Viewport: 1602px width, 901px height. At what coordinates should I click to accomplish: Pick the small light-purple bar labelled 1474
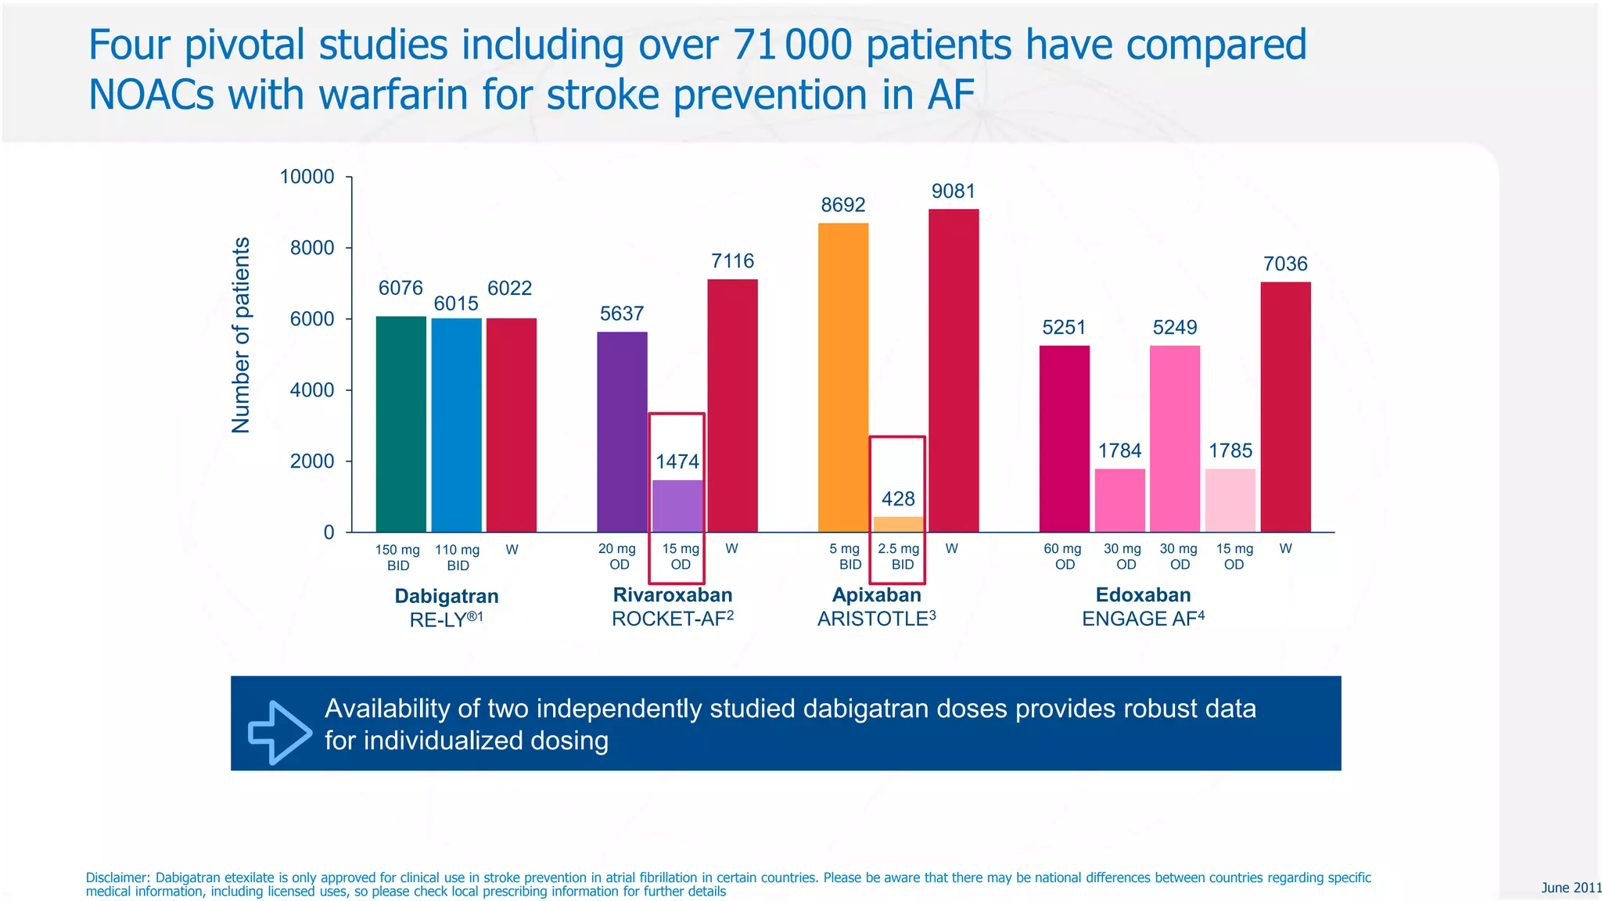(677, 506)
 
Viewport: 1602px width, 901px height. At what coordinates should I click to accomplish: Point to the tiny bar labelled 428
(898, 524)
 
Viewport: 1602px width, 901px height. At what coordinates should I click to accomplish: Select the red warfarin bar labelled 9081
(954, 371)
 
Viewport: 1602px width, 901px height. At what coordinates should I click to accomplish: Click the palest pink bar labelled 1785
(1230, 501)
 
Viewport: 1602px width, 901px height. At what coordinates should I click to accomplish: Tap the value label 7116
(732, 261)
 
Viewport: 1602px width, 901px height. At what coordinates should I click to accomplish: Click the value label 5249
(1175, 328)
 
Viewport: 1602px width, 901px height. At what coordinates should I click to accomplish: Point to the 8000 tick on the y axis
(312, 248)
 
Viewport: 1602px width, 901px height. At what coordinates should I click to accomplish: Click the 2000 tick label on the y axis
(312, 461)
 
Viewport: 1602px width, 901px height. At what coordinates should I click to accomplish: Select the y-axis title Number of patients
(241, 335)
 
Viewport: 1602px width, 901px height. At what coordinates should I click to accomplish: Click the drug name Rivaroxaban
(673, 595)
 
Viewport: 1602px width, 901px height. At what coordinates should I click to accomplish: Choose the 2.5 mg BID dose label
(899, 556)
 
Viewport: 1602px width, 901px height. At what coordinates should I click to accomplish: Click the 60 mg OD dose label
(1063, 556)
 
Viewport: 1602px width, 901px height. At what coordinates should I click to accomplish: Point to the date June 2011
(1571, 888)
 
